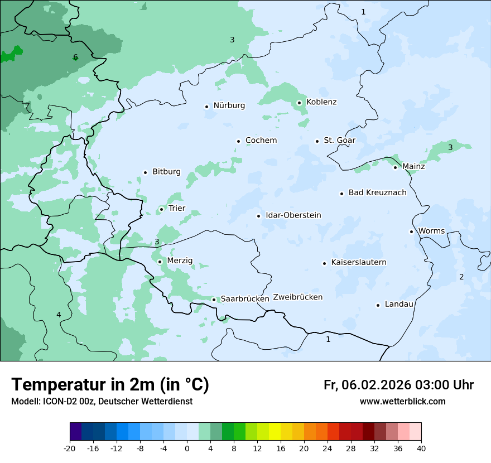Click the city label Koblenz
tap(321, 102)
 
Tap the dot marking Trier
tap(161, 210)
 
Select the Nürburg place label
tap(229, 105)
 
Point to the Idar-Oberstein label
tap(293, 215)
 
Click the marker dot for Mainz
tap(395, 167)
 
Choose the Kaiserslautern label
tap(358, 263)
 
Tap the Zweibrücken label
tap(297, 297)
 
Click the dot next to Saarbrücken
tap(214, 300)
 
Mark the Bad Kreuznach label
tap(377, 193)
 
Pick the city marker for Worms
tap(411, 231)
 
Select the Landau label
tap(399, 305)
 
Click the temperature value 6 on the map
tap(75, 57)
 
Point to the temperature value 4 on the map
tap(59, 315)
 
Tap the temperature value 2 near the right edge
tap(461, 277)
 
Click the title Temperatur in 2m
tap(110, 385)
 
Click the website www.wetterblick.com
tap(402, 402)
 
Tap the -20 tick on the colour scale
tap(70, 448)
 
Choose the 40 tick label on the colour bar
tap(421, 448)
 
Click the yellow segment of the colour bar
tap(275, 432)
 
